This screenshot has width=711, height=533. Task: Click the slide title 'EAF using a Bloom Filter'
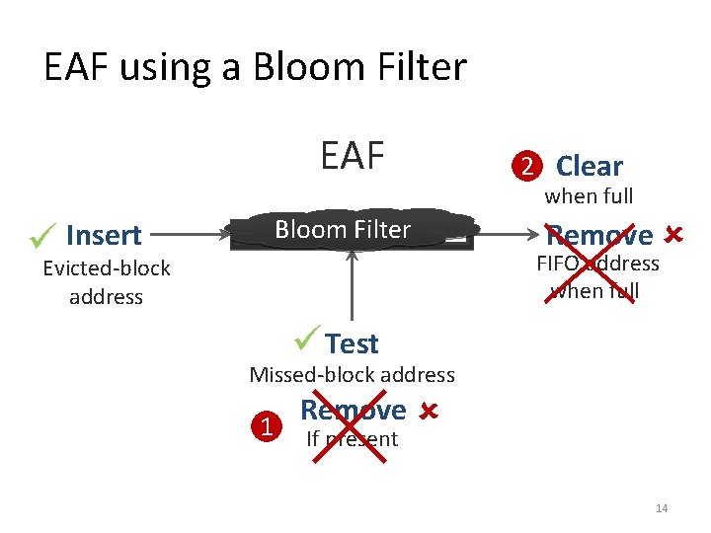pos(255,67)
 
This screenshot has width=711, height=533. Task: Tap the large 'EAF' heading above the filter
pos(352,155)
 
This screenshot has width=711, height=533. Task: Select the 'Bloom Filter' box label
pos(343,230)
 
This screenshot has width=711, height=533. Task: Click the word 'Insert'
pos(104,236)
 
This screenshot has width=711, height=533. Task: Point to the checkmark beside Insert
pos(41,235)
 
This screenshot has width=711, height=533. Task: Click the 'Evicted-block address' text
pos(106,282)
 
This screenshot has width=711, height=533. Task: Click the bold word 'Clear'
pos(590,166)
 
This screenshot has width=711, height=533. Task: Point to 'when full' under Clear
pos(590,196)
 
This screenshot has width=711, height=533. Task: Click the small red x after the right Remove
pos(673,235)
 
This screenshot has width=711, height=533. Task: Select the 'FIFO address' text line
pos(597,264)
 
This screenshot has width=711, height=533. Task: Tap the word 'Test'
pos(352,343)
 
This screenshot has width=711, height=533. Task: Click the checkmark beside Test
pos(307,342)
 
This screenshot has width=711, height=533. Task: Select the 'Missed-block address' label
pos(352,375)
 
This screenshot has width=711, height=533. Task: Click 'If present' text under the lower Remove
pos(352,439)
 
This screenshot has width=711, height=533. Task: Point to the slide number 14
pos(662,508)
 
